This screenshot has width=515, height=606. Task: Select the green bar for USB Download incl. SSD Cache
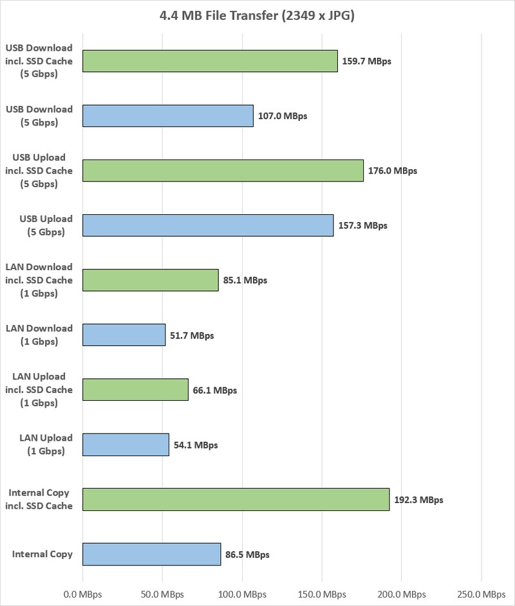pos(210,61)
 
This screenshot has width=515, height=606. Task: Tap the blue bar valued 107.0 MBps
pos(168,116)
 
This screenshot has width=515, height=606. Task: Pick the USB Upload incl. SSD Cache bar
pos(223,170)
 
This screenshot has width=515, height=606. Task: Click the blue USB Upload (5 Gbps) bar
pos(208,225)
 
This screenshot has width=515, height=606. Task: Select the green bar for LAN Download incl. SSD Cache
pos(151,280)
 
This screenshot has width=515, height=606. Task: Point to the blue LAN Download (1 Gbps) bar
pos(124,335)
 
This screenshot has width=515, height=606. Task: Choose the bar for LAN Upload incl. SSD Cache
pos(135,390)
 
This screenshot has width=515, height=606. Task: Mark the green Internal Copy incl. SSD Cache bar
pos(236,499)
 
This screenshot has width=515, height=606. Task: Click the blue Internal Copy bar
pos(151,554)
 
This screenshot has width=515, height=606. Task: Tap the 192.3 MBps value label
pos(419,499)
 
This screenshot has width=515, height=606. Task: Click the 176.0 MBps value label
pos(393,171)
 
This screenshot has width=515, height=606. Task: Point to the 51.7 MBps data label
pos(191,335)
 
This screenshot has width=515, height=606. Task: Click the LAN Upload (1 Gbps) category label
pos(46,445)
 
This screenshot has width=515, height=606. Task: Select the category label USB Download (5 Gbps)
pos(39,116)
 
